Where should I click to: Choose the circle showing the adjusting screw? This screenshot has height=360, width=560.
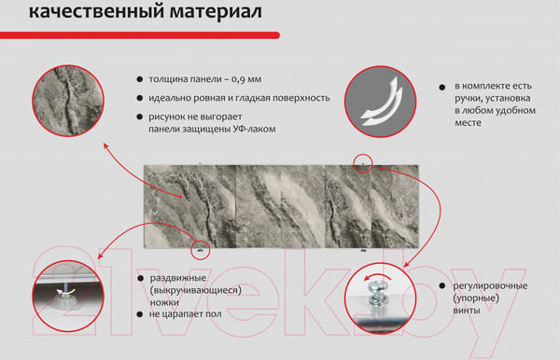coord(380,298)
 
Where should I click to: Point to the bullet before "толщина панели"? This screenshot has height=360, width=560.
coord(139,80)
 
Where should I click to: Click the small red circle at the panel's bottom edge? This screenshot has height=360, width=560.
coord(198,250)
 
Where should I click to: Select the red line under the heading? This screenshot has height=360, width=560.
coord(140,35)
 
